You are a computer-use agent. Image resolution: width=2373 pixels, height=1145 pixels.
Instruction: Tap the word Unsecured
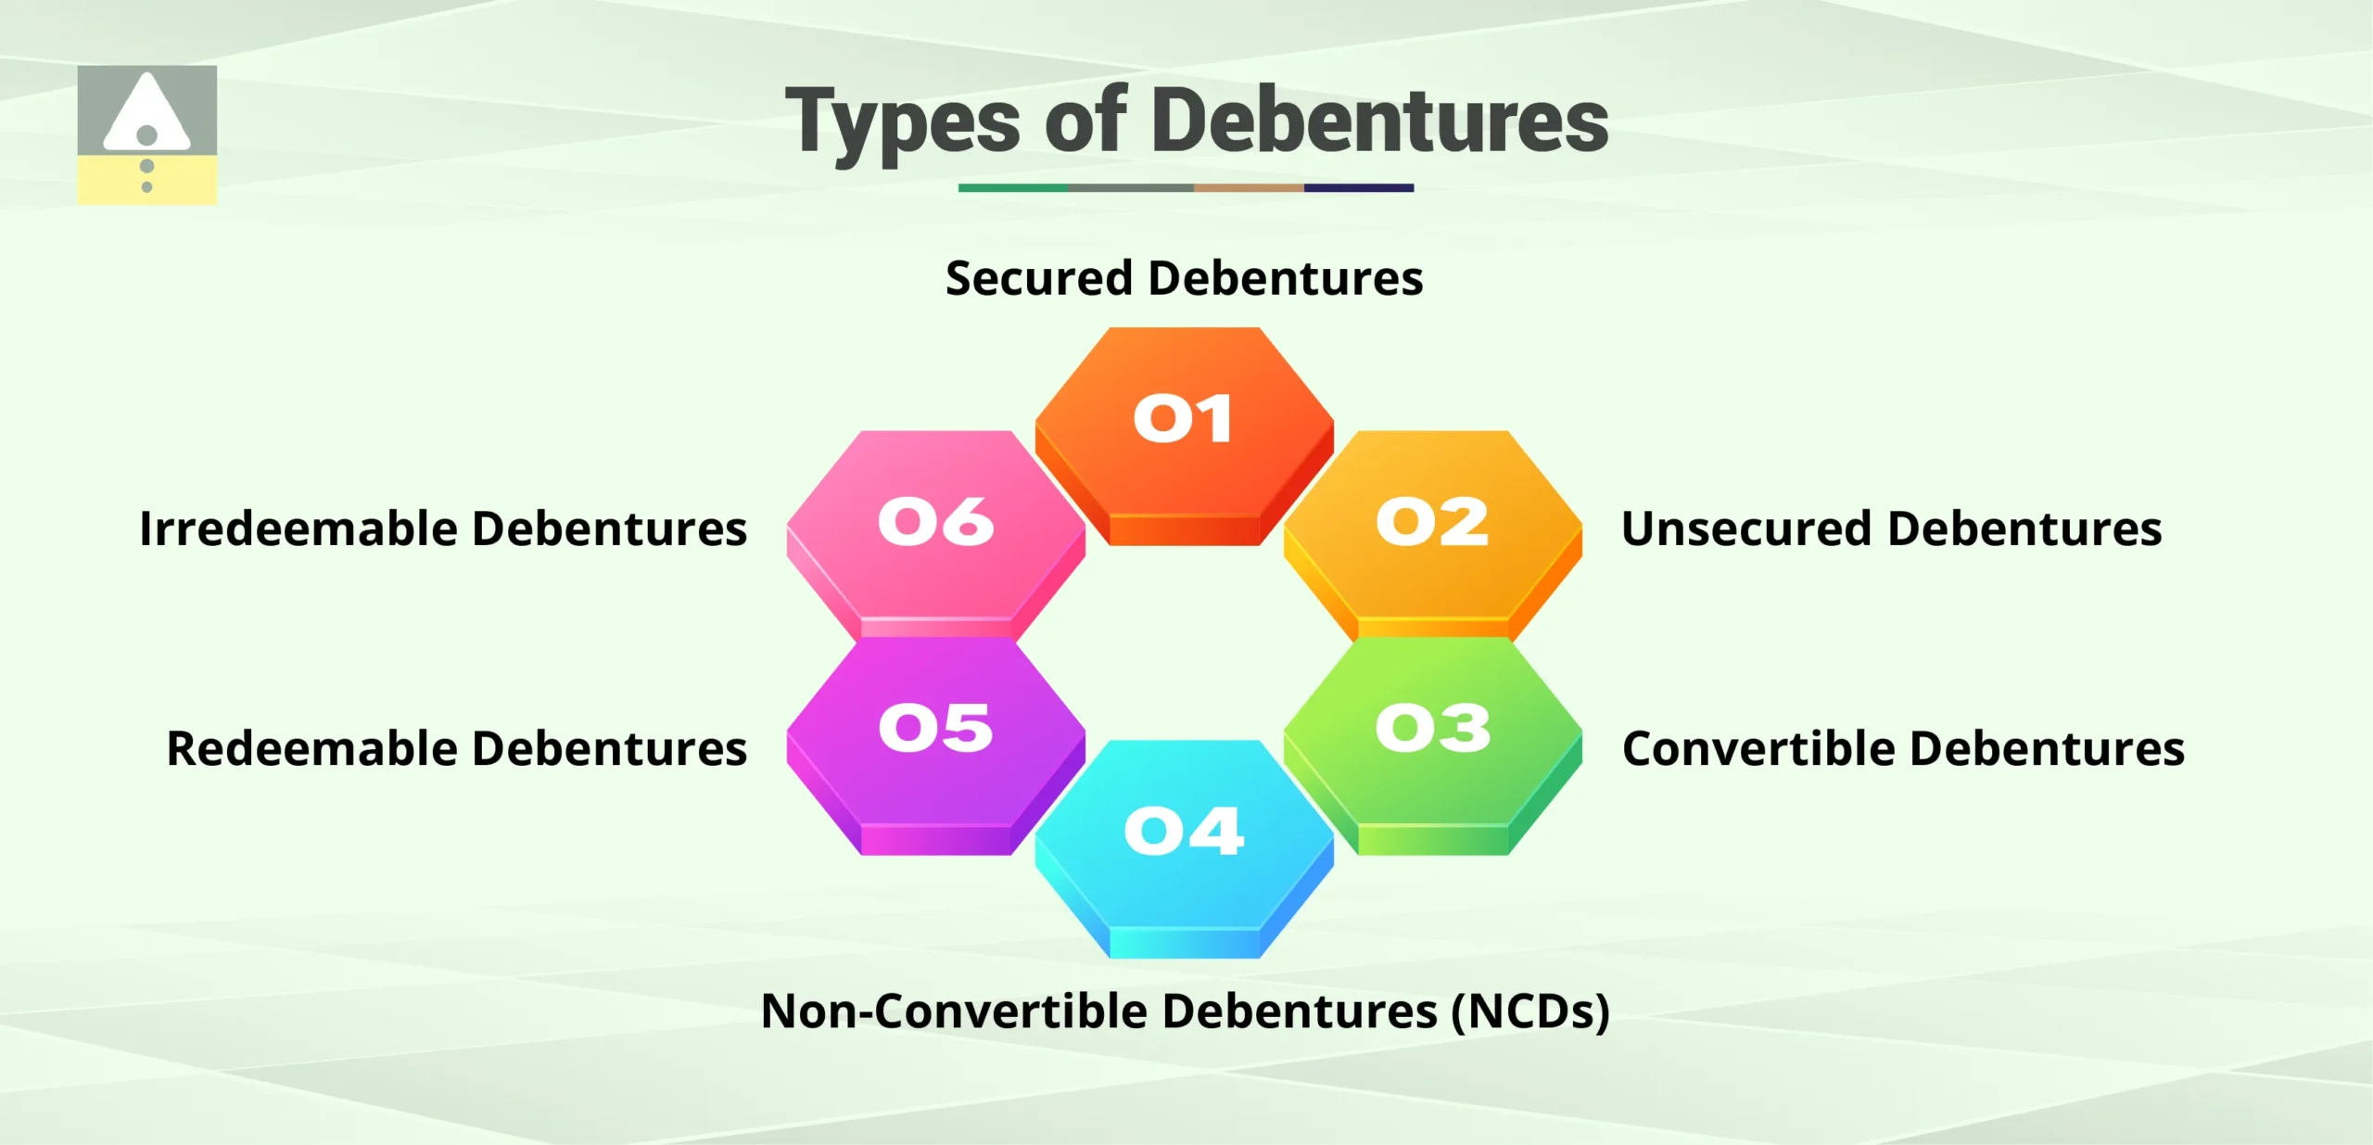(1746, 528)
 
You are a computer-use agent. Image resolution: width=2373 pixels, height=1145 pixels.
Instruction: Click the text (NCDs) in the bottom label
(1530, 1011)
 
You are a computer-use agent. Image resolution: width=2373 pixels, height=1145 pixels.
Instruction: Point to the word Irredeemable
(298, 528)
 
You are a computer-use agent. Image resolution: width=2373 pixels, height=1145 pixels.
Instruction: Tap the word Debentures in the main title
(1381, 121)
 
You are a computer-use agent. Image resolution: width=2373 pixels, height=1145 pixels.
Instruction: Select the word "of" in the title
(1085, 121)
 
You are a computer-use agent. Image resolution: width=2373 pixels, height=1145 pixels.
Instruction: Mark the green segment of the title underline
(1012, 187)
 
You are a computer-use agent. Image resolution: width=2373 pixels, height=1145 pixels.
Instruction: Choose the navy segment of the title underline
(1358, 187)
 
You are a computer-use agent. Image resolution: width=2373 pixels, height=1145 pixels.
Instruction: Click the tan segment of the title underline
(1248, 187)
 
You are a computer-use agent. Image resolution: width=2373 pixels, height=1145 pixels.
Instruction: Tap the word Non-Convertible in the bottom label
(954, 1011)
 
